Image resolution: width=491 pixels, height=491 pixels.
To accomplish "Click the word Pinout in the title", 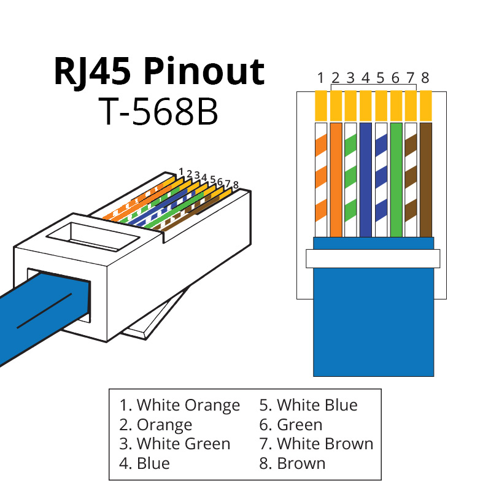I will point(204,72).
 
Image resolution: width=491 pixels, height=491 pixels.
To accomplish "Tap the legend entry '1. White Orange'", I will point(179,405).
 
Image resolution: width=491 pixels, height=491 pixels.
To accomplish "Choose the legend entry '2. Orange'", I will point(155,425).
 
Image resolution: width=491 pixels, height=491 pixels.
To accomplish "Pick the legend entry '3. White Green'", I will point(175,444).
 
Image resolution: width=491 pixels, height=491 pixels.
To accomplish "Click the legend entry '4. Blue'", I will point(144,463).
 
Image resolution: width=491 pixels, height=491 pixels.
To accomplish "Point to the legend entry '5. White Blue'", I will point(308,405).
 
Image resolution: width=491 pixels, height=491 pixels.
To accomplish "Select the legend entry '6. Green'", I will point(290,425).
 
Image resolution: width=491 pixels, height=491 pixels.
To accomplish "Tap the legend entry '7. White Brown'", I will point(316,444).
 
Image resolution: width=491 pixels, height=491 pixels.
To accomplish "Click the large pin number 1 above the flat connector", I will point(320,78).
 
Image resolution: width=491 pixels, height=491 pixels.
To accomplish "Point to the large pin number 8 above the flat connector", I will point(425,78).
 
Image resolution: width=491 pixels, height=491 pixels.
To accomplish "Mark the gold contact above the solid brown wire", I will point(426,106).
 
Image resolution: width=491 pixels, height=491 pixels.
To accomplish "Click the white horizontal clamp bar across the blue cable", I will point(373,258).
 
